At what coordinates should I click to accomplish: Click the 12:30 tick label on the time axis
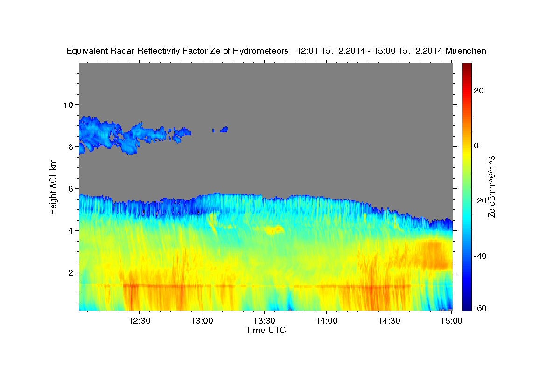(139, 321)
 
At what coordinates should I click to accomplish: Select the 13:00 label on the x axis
(202, 321)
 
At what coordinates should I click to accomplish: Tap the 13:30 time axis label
(264, 321)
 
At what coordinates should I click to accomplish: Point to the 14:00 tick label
(327, 321)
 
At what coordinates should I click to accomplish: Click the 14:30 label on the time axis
(389, 321)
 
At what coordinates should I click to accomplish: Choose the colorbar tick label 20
(478, 90)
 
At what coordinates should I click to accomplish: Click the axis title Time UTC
(266, 331)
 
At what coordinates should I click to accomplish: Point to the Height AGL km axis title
(54, 186)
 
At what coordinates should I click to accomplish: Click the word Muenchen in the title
(466, 51)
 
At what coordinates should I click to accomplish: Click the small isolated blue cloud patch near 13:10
(224, 129)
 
